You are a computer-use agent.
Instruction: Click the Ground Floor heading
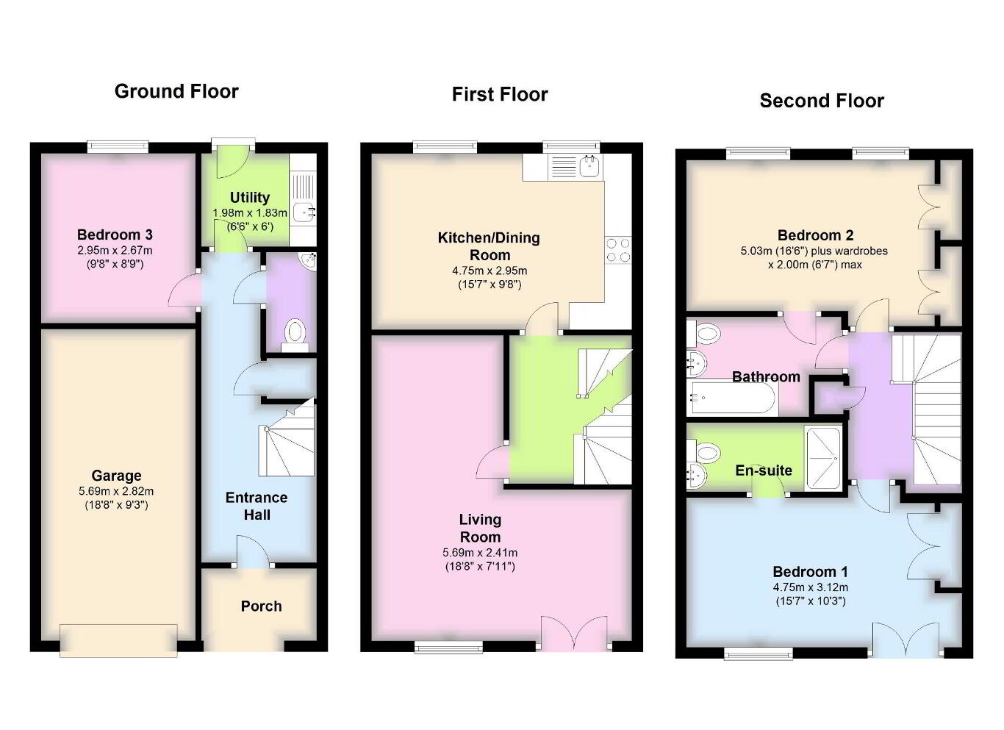point(176,91)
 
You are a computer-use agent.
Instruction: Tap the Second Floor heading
point(822,101)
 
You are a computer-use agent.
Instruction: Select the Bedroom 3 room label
point(115,235)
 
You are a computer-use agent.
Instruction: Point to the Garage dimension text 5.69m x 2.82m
point(116,491)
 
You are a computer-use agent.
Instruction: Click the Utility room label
point(250,197)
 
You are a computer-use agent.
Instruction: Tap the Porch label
point(262,606)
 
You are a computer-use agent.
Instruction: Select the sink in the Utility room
point(305,212)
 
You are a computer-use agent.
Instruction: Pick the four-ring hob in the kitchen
point(618,250)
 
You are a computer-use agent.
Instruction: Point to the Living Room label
point(480,528)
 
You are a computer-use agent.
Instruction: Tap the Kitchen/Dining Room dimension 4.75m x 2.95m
point(490,271)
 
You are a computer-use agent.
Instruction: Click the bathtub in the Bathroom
point(734,397)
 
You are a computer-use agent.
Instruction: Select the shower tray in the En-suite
point(824,458)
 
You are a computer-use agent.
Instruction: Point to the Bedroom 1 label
point(810,572)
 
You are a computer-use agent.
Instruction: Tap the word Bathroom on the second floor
point(766,376)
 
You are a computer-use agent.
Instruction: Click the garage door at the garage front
point(118,640)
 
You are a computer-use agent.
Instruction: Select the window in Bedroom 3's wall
point(118,146)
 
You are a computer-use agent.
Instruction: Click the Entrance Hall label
point(257,506)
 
